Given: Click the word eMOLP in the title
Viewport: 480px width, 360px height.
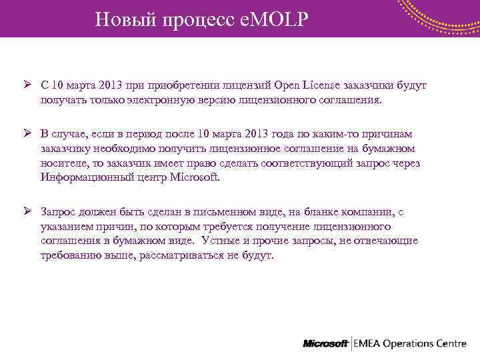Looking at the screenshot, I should pyautogui.click(x=275, y=19).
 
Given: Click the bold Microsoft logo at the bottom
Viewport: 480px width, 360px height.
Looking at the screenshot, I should pyautogui.click(x=326, y=343).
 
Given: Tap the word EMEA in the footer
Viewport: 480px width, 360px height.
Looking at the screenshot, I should pyautogui.click(x=369, y=343).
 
